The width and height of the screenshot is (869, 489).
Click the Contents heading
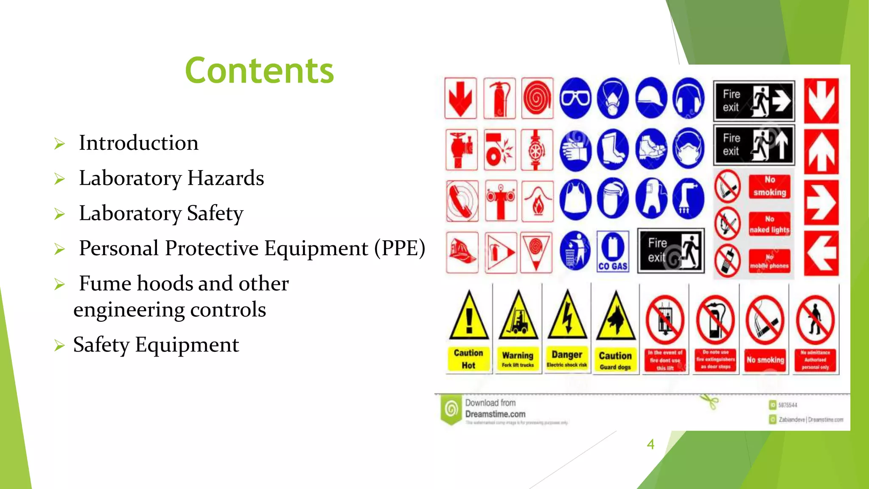pos(259,70)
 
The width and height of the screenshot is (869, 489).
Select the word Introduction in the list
pos(138,143)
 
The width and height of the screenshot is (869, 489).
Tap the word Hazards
pos(225,178)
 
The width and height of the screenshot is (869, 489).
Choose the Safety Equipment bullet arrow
pos(59,346)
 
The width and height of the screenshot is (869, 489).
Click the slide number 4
pos(650,444)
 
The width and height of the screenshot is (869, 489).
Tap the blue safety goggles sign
pos(575,98)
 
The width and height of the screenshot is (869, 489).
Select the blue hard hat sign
pos(651,98)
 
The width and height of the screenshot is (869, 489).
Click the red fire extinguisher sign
pos(499,98)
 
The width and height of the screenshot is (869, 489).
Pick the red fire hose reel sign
pos(537,98)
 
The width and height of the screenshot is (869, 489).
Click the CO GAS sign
pos(613,252)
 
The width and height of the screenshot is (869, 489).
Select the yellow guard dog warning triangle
pos(616,317)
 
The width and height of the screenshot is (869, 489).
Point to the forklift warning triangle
pos(518,317)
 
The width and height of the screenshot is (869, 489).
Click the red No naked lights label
pos(769,224)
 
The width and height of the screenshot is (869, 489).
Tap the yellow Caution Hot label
pos(468,359)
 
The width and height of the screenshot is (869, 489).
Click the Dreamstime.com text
pos(495,414)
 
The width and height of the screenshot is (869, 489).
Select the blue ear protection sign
pos(688,98)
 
